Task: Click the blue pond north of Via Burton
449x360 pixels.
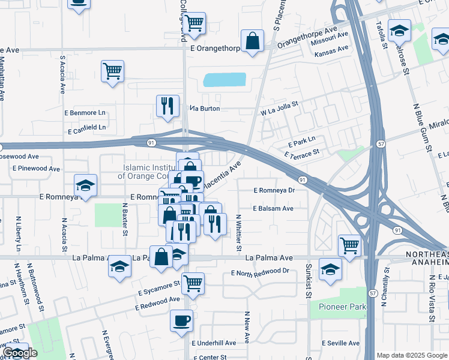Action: click(224, 80)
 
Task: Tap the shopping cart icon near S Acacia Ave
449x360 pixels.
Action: click(112, 71)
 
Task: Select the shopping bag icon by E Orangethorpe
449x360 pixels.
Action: click(252, 41)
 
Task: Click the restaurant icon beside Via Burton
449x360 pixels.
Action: click(167, 106)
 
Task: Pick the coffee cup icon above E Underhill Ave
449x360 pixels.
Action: click(181, 320)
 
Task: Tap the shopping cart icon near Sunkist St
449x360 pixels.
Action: click(349, 245)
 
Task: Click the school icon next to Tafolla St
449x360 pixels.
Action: click(399, 30)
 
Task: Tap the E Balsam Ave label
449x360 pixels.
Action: click(273, 208)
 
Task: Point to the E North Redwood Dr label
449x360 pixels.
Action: click(260, 271)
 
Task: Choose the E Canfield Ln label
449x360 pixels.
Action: click(87, 128)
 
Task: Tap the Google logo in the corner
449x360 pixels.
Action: click(19, 353)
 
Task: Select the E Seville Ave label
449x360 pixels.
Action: click(341, 343)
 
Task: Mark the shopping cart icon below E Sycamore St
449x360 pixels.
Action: click(192, 284)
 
